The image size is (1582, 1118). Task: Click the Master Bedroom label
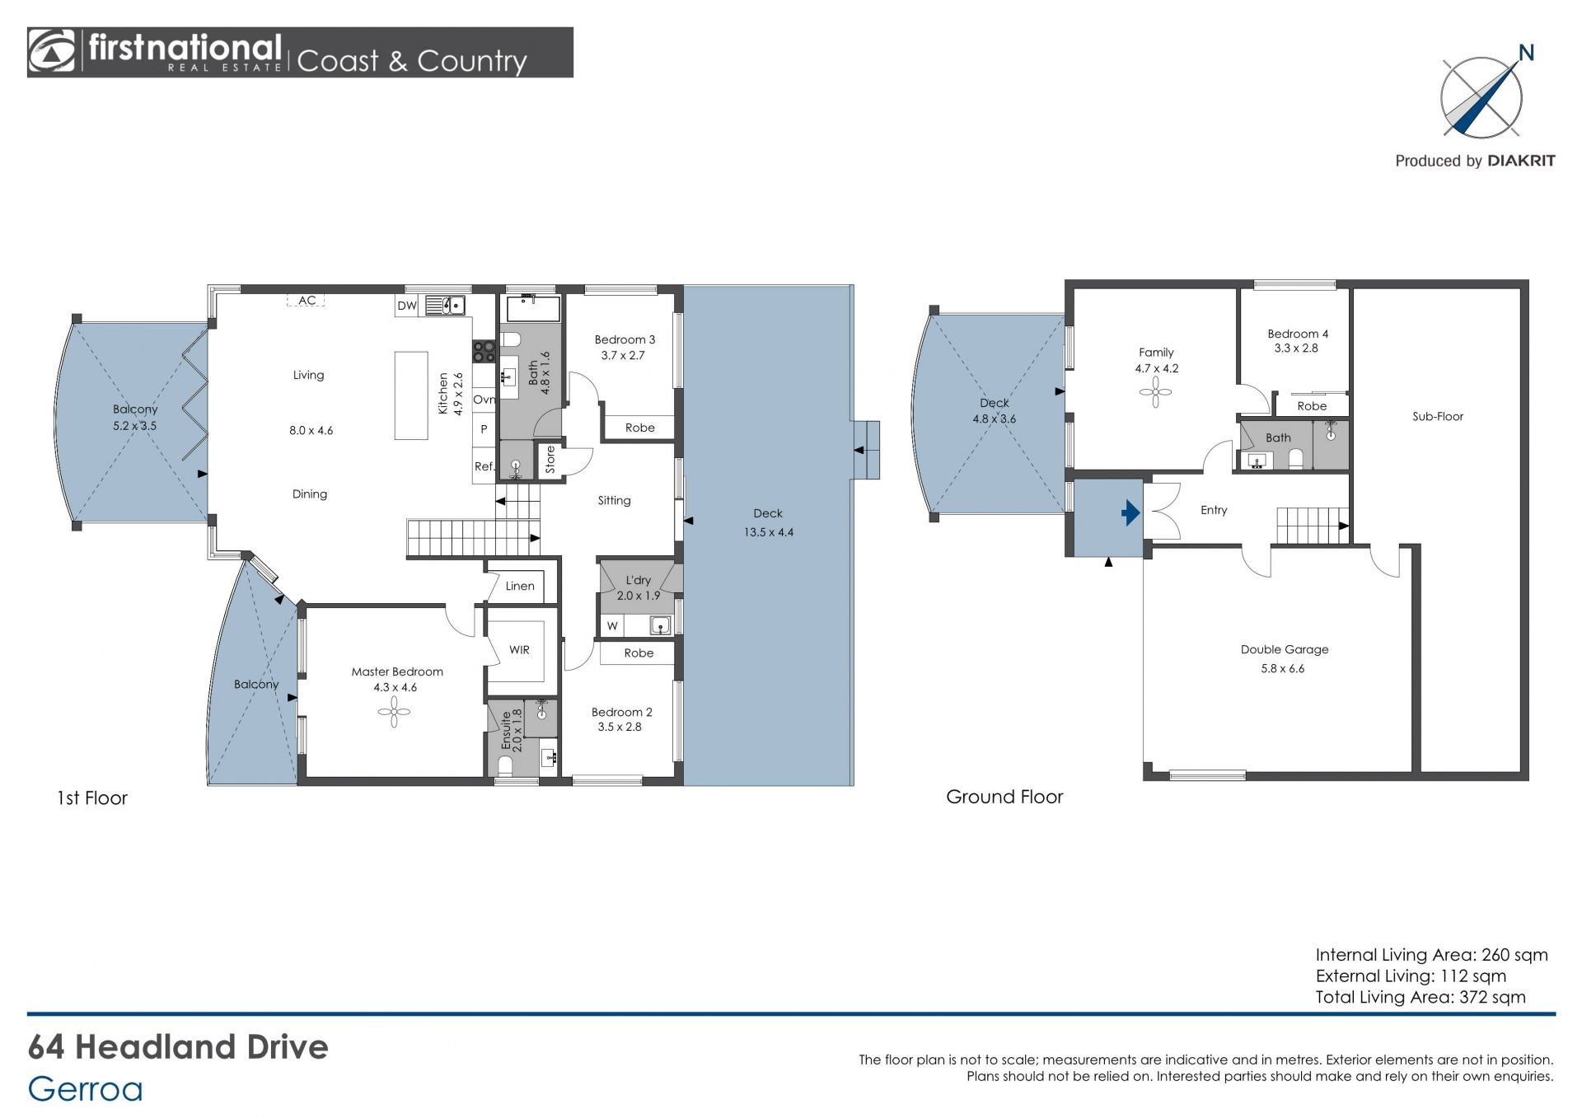(397, 671)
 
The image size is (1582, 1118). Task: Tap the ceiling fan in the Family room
(1156, 393)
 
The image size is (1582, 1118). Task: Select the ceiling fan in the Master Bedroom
(395, 712)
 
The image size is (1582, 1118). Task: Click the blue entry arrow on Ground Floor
(1130, 513)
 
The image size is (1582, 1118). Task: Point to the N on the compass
(1526, 54)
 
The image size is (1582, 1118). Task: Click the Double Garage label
(1285, 649)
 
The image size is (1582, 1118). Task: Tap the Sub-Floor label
(1438, 416)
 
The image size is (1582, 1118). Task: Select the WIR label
(519, 649)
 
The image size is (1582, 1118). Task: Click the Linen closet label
(520, 586)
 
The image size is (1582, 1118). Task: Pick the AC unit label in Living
(307, 301)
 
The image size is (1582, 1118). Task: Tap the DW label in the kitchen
(407, 306)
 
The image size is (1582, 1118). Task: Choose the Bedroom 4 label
(1298, 334)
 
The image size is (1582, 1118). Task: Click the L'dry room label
(638, 580)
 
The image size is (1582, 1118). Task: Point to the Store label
(550, 460)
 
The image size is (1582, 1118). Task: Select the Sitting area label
(614, 500)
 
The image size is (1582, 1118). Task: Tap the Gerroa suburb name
(85, 1089)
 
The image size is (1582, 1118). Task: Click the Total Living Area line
(1421, 997)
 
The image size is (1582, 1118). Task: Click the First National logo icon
(52, 52)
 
